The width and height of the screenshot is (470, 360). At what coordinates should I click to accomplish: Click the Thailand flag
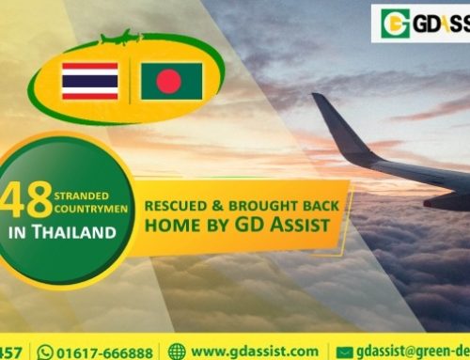[89, 81]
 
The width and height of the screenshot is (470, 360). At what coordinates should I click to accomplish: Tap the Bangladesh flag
[172, 81]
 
